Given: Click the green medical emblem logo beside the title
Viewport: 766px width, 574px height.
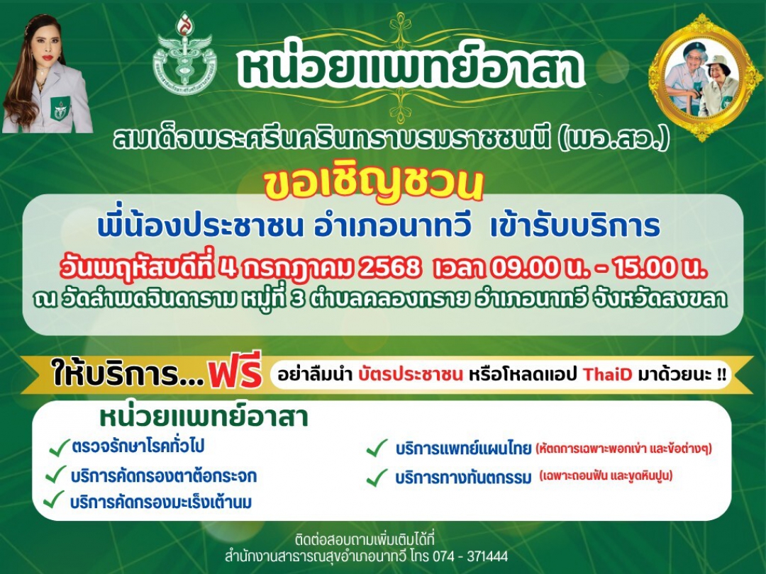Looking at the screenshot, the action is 184,54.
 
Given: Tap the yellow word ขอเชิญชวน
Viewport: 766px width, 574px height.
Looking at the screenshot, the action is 373,183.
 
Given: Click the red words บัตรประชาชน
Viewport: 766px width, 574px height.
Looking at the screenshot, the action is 411,375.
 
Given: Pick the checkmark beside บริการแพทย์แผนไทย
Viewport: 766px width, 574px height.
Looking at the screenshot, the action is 377,448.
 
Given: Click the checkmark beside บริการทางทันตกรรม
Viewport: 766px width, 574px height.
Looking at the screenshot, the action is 377,478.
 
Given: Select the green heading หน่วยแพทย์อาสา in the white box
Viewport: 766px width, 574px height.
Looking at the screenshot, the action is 204,417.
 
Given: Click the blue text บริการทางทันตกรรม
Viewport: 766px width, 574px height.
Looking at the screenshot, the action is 463,478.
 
